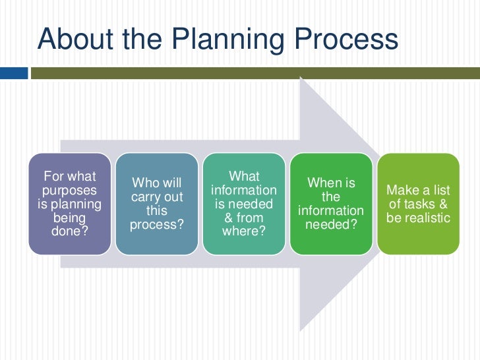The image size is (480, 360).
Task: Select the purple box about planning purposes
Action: point(69,204)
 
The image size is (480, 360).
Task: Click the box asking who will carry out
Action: point(157,204)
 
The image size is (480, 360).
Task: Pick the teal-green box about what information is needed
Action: point(244,204)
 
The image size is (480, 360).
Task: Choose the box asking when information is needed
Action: point(331,204)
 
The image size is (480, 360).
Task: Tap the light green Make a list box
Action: point(418,204)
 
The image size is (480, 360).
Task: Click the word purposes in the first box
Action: point(69,190)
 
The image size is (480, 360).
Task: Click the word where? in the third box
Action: point(244,231)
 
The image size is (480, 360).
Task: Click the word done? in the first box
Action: point(69,231)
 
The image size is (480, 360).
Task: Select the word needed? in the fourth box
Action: point(331,225)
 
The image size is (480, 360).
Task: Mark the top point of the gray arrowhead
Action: point(301,78)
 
